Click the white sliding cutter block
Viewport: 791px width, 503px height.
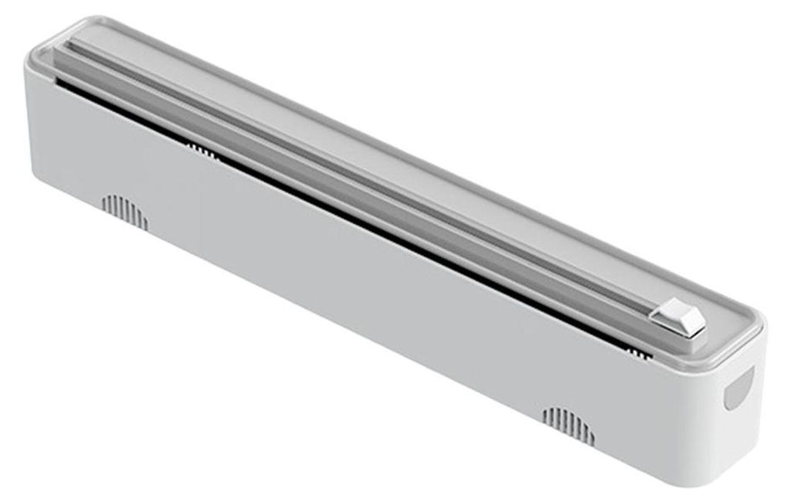(678, 318)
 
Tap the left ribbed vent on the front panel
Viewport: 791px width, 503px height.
(124, 209)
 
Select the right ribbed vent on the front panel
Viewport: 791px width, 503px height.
(568, 423)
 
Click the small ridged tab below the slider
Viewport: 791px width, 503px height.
(638, 353)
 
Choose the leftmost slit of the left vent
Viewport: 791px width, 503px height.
(104, 203)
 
